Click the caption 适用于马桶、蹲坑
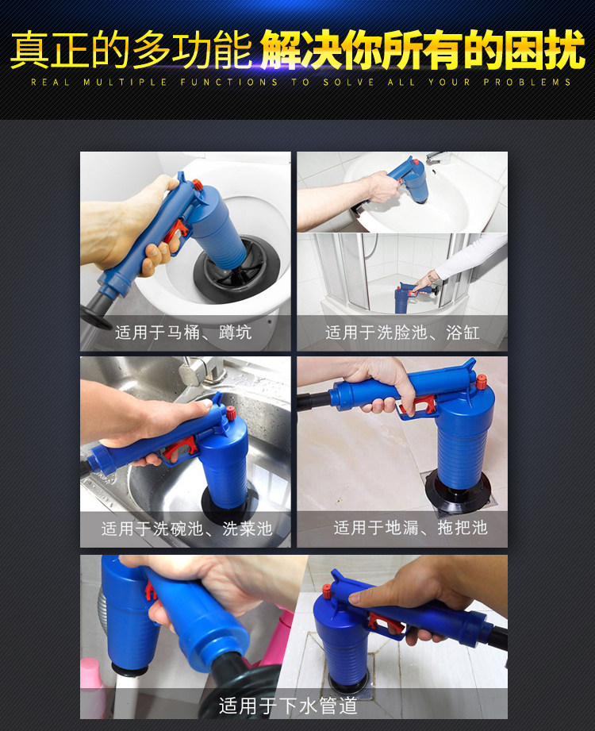tap(183, 333)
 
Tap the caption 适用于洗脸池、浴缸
tap(402, 333)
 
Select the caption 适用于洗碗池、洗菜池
tap(186, 528)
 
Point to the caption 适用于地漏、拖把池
tap(410, 527)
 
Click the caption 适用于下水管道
tap(288, 706)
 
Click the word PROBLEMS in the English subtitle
tap(527, 82)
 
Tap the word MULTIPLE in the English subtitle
tap(125, 82)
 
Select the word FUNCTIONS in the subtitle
tap(228, 82)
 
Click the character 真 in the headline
tap(29, 49)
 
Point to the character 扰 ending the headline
tap(565, 49)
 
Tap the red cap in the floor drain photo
tap(481, 382)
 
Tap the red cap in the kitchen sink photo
tap(231, 413)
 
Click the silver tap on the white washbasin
tap(439, 158)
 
